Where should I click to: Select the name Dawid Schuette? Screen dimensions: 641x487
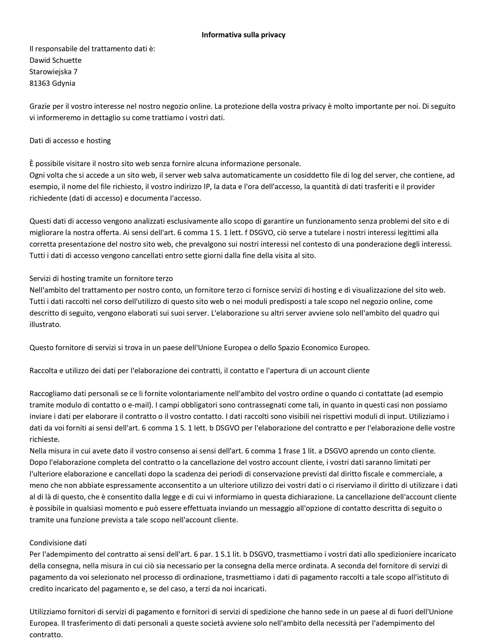point(55,60)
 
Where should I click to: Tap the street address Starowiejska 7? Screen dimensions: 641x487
point(53,72)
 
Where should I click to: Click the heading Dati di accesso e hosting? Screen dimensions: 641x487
point(70,141)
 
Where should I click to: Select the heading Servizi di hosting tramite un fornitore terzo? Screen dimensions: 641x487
point(101,279)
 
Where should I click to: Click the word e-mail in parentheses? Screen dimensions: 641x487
point(139,405)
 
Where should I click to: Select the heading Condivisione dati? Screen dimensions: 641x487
point(58,543)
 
